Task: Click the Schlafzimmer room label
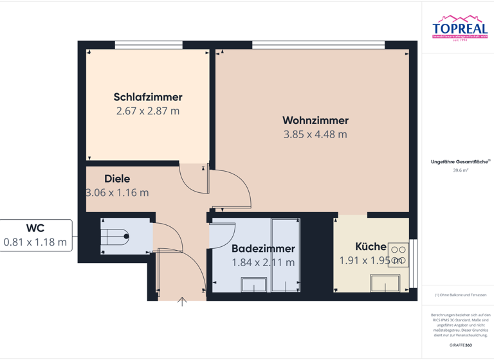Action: (148, 97)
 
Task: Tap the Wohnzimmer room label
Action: (315, 120)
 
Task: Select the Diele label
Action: (117, 179)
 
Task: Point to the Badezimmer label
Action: (263, 248)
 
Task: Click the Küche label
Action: (370, 246)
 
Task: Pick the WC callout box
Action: (35, 235)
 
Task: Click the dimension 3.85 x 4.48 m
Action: (315, 134)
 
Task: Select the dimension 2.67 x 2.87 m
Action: (148, 111)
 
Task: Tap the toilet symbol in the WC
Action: (115, 236)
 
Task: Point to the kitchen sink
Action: (387, 283)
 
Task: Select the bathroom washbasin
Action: (253, 284)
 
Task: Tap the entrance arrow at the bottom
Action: (183, 301)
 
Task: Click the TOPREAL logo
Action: (459, 29)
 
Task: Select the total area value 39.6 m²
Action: (461, 170)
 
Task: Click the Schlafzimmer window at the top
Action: (147, 46)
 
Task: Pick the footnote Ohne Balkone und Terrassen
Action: (461, 295)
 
